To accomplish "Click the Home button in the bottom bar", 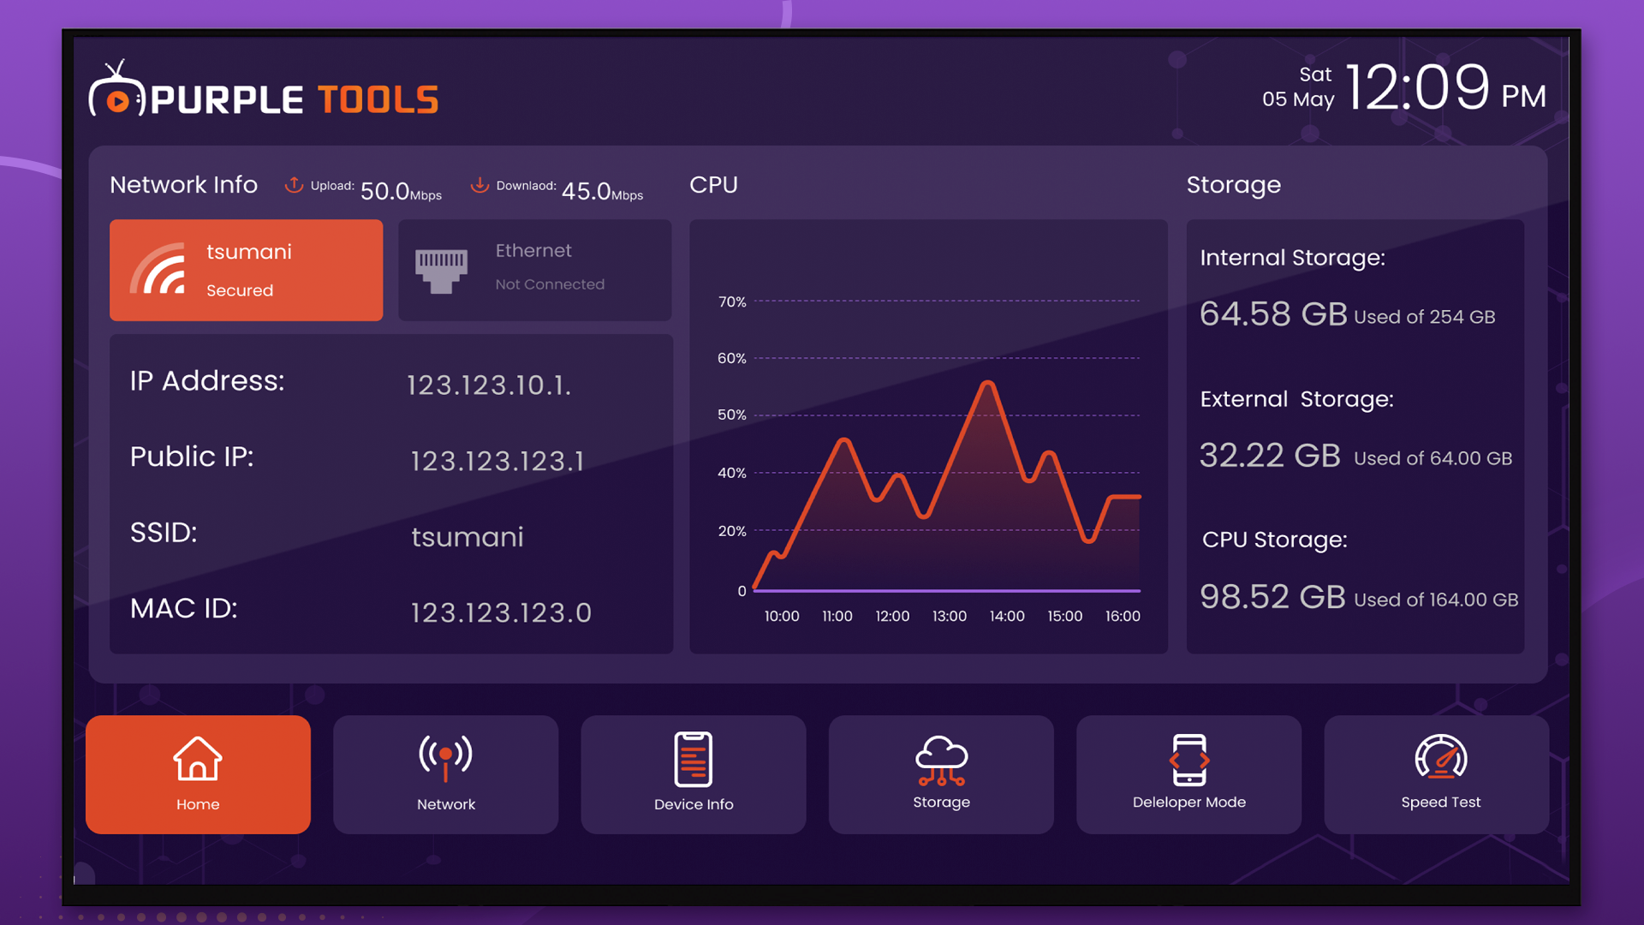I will click(x=198, y=774).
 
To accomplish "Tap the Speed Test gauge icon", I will click(x=1440, y=757).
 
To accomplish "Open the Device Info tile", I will click(x=693, y=774).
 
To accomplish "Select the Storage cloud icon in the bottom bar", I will click(x=941, y=760).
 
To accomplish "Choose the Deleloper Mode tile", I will click(x=1188, y=774).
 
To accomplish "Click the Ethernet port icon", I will click(x=441, y=271).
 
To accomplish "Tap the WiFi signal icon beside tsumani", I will click(x=158, y=270).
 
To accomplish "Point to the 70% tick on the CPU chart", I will click(x=732, y=301).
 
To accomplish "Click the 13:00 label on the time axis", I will click(x=949, y=616).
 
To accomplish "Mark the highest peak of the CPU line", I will click(x=988, y=383).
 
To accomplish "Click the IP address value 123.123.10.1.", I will click(x=488, y=385).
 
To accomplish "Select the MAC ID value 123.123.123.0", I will click(x=501, y=612).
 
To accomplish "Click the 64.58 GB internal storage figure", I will click(x=1273, y=314).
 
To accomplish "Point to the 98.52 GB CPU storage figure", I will click(x=1272, y=597).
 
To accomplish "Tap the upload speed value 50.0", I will click(x=384, y=191).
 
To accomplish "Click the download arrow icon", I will click(x=479, y=184).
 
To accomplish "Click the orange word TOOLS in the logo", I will click(x=378, y=100).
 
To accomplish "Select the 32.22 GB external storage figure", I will click(x=1270, y=456).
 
